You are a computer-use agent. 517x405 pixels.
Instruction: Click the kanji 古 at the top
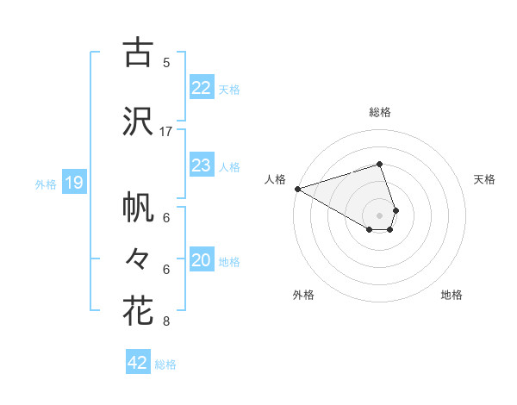tap(138, 53)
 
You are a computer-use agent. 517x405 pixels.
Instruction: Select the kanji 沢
tap(138, 121)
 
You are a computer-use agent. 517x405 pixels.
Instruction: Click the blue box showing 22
tap(201, 88)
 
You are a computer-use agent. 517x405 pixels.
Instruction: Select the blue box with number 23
tap(201, 165)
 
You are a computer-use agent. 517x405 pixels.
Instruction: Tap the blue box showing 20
tap(201, 260)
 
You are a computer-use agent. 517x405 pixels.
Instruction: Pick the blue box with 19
tap(73, 183)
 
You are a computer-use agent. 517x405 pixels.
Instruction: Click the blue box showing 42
tap(138, 363)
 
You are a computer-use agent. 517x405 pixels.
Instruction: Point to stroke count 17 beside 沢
tap(166, 131)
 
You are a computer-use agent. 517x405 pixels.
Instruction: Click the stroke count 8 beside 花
tap(166, 322)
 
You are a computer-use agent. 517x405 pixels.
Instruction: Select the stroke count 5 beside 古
tap(166, 62)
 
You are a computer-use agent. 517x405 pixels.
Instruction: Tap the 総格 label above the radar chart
tap(380, 112)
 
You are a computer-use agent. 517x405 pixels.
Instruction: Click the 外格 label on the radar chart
tap(303, 295)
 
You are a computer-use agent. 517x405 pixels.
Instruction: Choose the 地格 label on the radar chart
tap(452, 295)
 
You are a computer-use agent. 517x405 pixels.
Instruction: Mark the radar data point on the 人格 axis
tap(297, 189)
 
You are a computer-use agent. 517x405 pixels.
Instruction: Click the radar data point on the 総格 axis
tap(379, 165)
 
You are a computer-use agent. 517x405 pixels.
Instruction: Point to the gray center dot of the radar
tap(379, 214)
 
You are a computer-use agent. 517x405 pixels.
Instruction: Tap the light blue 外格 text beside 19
tap(45, 184)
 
